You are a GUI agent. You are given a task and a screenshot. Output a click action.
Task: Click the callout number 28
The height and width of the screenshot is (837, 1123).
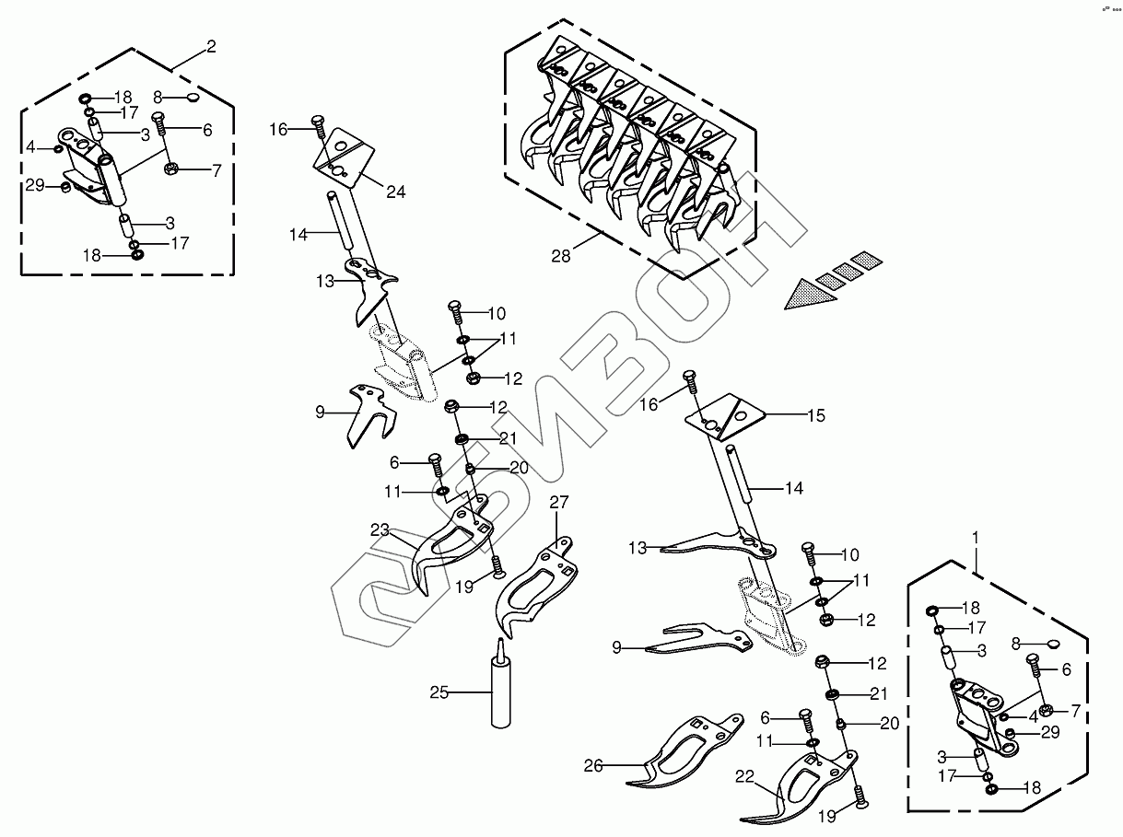tap(561, 256)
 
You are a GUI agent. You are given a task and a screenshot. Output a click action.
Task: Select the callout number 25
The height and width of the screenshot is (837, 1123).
tap(439, 692)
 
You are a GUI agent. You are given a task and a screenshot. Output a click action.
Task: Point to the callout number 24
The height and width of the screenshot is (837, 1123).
tap(396, 192)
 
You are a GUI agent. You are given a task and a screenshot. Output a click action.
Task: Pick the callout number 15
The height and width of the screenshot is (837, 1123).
tap(816, 416)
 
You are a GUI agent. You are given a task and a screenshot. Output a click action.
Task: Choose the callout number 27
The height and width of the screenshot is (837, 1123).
tap(559, 502)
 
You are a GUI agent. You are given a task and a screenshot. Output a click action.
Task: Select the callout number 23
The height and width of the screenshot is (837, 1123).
tap(380, 530)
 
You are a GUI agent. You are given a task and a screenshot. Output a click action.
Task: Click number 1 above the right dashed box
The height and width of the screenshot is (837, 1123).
tap(976, 535)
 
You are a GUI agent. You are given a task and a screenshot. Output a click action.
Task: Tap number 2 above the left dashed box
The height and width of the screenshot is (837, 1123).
tap(212, 46)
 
